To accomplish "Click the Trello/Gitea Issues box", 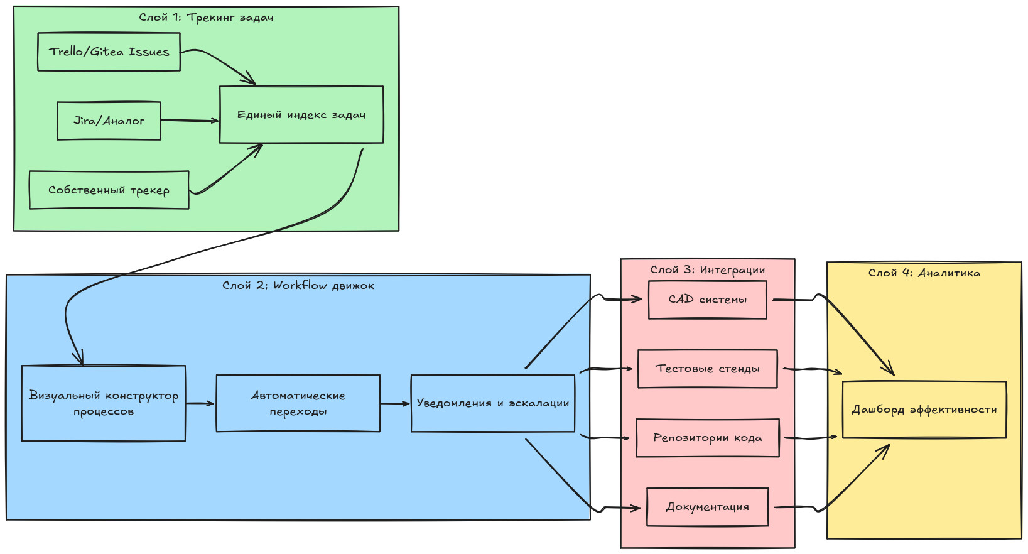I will pyautogui.click(x=109, y=52).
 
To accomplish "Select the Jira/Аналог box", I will pyautogui.click(x=109, y=121).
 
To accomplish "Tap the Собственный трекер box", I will pyautogui.click(x=109, y=190).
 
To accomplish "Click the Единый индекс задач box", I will pyautogui.click(x=301, y=114).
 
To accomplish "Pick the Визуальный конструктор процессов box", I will pyautogui.click(x=103, y=403).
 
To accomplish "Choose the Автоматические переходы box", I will pyautogui.click(x=298, y=403).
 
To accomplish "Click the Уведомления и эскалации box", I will pyautogui.click(x=492, y=403).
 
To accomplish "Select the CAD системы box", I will pyautogui.click(x=707, y=300).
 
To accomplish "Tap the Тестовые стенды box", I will pyautogui.click(x=707, y=369).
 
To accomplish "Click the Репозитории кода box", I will pyautogui.click(x=707, y=438).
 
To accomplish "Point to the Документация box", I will pyautogui.click(x=707, y=507).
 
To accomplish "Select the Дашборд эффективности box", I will pyautogui.click(x=924, y=410).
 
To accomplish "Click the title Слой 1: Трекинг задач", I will pyautogui.click(x=206, y=18).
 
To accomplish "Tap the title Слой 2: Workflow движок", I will pyautogui.click(x=298, y=286).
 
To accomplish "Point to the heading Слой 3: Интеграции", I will pyautogui.click(x=707, y=270).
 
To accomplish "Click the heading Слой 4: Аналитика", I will pyautogui.click(x=924, y=273).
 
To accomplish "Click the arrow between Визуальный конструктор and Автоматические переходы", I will pyautogui.click(x=200, y=403).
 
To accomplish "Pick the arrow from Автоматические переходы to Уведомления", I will pyautogui.click(x=395, y=403).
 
